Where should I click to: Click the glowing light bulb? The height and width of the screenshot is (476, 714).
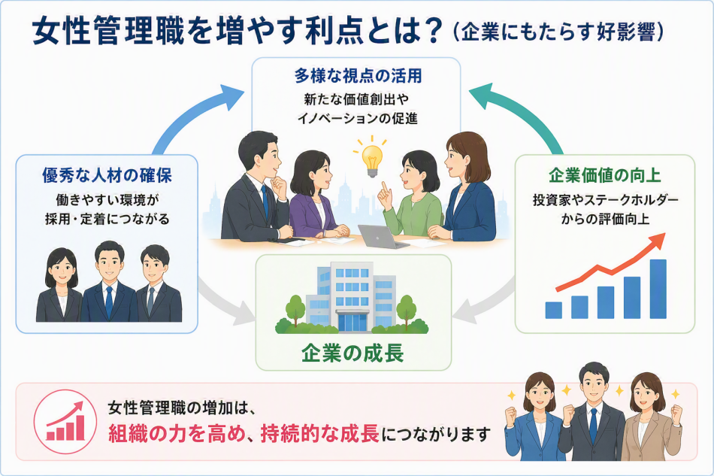pos(371,160)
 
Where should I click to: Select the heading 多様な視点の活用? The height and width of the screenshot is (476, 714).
pos(358,76)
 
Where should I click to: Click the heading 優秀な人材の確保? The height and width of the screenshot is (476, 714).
pos(107,175)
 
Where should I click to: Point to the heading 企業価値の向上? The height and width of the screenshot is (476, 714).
pos(605,175)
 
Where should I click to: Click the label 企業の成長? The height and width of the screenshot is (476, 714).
pos(353,353)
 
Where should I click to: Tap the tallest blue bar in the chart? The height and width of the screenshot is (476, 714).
pos(658,289)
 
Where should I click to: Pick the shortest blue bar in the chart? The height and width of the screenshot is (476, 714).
pos(554,310)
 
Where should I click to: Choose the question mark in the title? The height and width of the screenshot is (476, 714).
pos(429,31)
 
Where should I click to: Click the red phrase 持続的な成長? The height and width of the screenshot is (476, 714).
pos(319,434)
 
